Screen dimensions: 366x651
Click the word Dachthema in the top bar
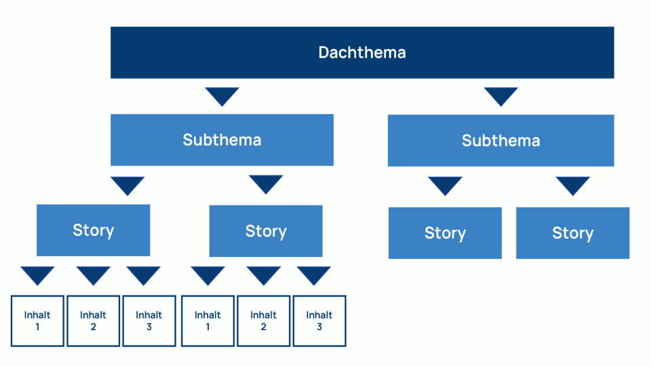tap(362, 53)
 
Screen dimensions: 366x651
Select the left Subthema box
tap(222, 140)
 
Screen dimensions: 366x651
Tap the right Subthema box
tap(500, 141)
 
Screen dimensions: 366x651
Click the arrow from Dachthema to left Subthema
tap(222, 96)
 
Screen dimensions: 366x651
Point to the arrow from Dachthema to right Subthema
tap(501, 96)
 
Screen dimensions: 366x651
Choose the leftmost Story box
tap(93, 230)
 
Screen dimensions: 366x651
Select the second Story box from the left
tap(266, 231)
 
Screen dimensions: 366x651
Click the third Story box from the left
tap(445, 233)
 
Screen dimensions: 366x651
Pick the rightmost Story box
tap(572, 233)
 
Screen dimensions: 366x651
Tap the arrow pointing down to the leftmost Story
tap(127, 185)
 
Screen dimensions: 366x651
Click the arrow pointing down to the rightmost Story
tap(573, 185)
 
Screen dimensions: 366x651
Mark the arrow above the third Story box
tap(445, 185)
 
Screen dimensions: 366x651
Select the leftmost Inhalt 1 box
tap(37, 321)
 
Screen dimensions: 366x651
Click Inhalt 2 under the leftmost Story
tap(93, 321)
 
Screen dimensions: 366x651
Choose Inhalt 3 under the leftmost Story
tap(149, 321)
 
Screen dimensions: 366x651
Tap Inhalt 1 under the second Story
tap(208, 321)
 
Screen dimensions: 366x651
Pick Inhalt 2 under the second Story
tap(263, 321)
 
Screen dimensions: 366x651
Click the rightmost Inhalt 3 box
tap(319, 321)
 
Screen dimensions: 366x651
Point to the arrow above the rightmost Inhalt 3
tap(314, 274)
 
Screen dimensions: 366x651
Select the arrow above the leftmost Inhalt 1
tap(37, 274)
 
